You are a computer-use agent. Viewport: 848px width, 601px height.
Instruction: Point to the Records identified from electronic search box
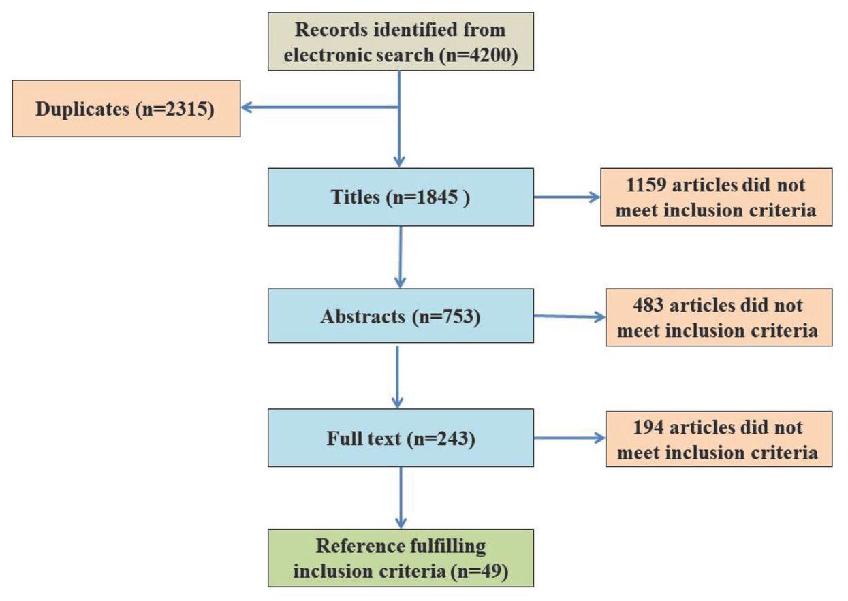click(x=400, y=42)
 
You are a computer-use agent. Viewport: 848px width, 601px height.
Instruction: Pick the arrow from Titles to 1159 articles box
click(x=568, y=197)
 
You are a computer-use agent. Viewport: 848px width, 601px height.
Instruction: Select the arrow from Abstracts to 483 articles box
click(x=569, y=316)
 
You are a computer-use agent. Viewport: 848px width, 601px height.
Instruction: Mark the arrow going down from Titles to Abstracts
click(x=401, y=257)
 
